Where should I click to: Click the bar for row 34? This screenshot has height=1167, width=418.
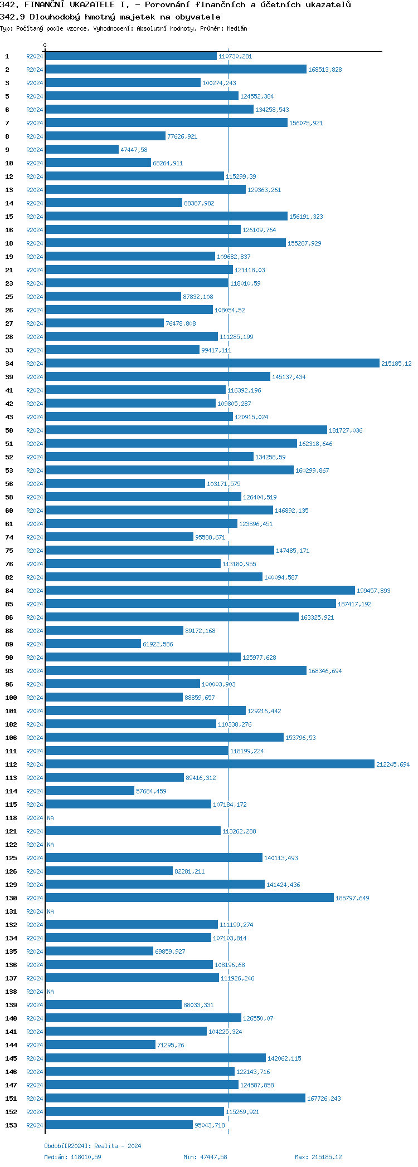[x=212, y=364]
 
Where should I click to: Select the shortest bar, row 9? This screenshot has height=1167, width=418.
[x=82, y=150]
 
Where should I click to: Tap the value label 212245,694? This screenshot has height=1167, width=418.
[x=393, y=764]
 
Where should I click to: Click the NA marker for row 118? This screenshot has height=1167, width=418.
[x=50, y=818]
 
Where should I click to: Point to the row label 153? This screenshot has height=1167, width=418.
[x=11, y=1125]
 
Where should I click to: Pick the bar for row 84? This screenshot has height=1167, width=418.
[x=200, y=591]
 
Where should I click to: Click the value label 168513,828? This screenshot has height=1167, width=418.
[x=325, y=70]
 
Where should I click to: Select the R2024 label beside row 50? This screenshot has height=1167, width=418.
[x=35, y=430]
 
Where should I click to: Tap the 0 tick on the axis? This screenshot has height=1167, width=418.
[x=45, y=45]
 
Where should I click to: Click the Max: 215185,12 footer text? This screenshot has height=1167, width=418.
[x=318, y=1157]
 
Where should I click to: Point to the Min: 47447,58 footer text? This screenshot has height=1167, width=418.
[x=205, y=1157]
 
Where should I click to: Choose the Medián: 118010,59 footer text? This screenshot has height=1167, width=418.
[x=72, y=1157]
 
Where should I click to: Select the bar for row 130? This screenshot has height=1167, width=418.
[x=189, y=898]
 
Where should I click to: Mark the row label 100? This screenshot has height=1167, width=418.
[x=11, y=698]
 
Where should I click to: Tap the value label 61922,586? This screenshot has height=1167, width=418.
[x=158, y=644]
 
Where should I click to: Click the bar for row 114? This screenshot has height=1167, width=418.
[x=90, y=791]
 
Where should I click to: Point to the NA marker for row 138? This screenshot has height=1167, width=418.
[x=50, y=992]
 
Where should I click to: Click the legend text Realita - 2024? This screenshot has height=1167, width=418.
[x=118, y=1146]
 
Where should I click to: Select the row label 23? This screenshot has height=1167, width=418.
[x=9, y=283]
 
